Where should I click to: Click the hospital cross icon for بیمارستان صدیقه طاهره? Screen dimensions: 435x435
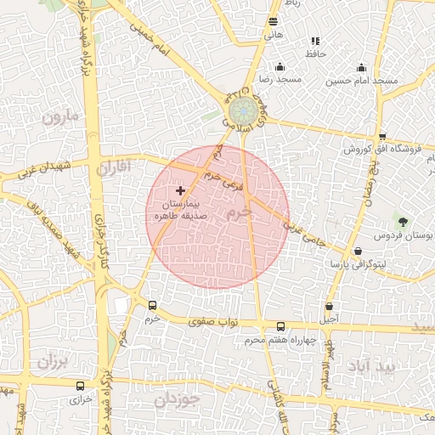179,192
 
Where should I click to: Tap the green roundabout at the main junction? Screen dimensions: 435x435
243,109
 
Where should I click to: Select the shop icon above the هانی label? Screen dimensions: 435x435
273,22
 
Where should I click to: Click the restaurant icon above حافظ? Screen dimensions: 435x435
315,41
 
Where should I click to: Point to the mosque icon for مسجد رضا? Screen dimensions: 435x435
280,67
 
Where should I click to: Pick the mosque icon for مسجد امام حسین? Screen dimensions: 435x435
361,68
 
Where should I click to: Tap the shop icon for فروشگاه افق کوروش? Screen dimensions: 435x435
382,136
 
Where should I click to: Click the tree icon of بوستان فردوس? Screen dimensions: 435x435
402,221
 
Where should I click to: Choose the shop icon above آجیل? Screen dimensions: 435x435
329,306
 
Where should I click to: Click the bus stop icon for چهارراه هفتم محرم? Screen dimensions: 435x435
280,326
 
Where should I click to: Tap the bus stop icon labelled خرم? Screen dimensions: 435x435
152,305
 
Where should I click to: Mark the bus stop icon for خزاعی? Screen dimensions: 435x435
80,386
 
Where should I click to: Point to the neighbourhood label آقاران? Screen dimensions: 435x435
115,167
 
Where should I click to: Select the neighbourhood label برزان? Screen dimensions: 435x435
51,361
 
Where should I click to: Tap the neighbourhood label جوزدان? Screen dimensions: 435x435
178,397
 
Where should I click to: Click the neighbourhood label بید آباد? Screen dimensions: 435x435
371,366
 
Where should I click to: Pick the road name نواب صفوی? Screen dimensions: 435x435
217,321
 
